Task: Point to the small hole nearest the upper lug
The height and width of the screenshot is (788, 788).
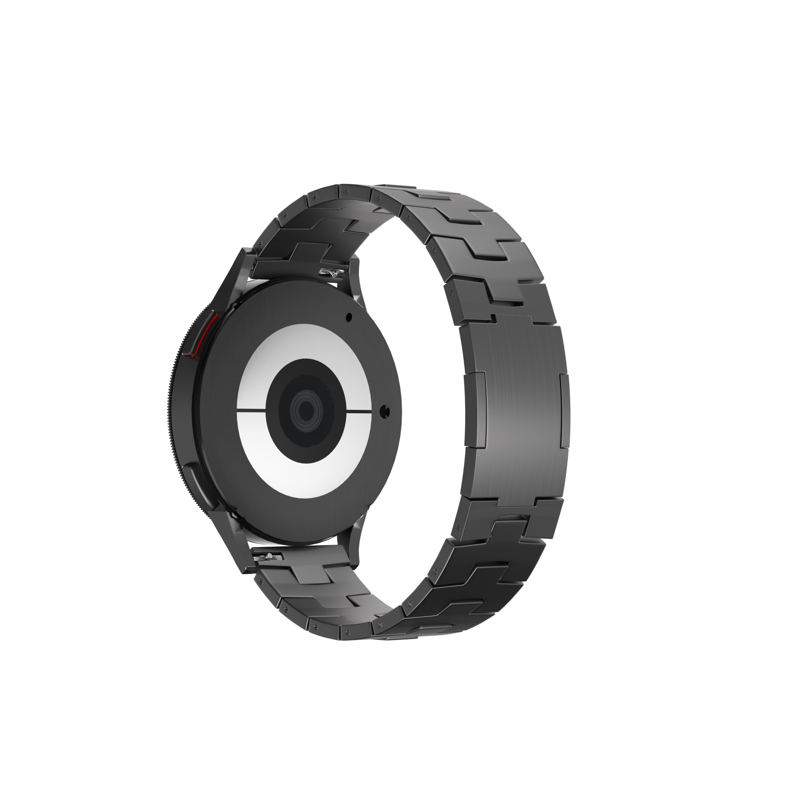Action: pyautogui.click(x=349, y=316)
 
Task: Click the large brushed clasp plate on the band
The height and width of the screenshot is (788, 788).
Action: pyautogui.click(x=520, y=408)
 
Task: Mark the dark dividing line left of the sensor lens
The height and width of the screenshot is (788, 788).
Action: pyautogui.click(x=251, y=409)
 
